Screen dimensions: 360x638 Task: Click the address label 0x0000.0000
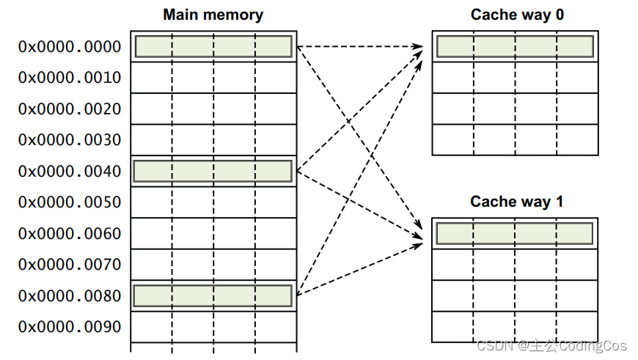click(x=70, y=47)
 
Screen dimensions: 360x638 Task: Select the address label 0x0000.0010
click(x=70, y=78)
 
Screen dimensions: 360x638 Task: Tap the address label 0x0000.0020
click(x=70, y=109)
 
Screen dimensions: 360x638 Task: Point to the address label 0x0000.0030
click(x=70, y=140)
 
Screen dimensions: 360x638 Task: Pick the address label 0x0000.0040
click(x=70, y=172)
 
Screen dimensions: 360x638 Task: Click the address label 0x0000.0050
click(x=70, y=202)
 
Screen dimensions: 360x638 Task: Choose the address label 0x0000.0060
click(x=70, y=234)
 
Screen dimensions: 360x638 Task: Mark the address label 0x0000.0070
click(x=70, y=265)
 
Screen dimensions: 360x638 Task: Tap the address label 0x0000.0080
click(x=70, y=296)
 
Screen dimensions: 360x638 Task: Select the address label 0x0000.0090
click(x=70, y=327)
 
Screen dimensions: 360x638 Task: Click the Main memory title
click(x=213, y=15)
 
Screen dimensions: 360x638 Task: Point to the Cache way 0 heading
click(x=517, y=15)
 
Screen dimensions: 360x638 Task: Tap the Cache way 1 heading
click(x=517, y=201)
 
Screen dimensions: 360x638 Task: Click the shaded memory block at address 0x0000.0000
click(x=213, y=47)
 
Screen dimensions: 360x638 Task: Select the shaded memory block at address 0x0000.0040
click(x=213, y=172)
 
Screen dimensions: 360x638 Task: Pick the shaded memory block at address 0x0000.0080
click(x=213, y=295)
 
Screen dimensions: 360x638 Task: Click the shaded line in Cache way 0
click(x=515, y=46)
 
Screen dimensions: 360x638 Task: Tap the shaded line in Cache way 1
click(x=515, y=233)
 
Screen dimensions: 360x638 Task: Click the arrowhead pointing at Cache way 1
click(x=419, y=236)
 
